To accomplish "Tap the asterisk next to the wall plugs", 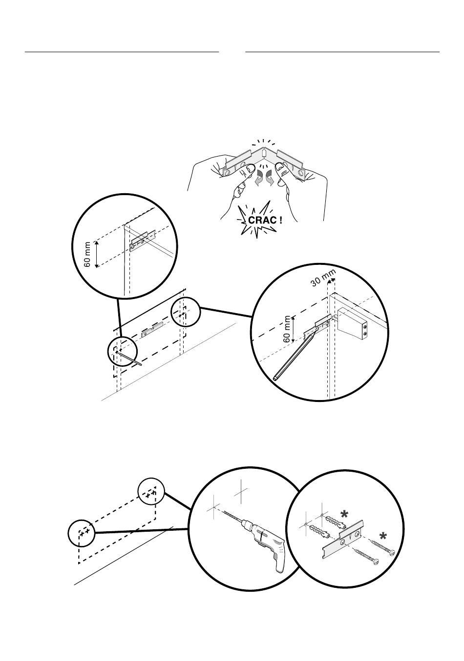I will pos(345,514).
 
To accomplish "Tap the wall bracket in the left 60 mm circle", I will pos(142,240).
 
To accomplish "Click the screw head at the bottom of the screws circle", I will pos(375,561).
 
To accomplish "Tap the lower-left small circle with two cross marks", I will pos(81,533).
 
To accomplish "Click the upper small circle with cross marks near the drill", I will pos(151,493).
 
